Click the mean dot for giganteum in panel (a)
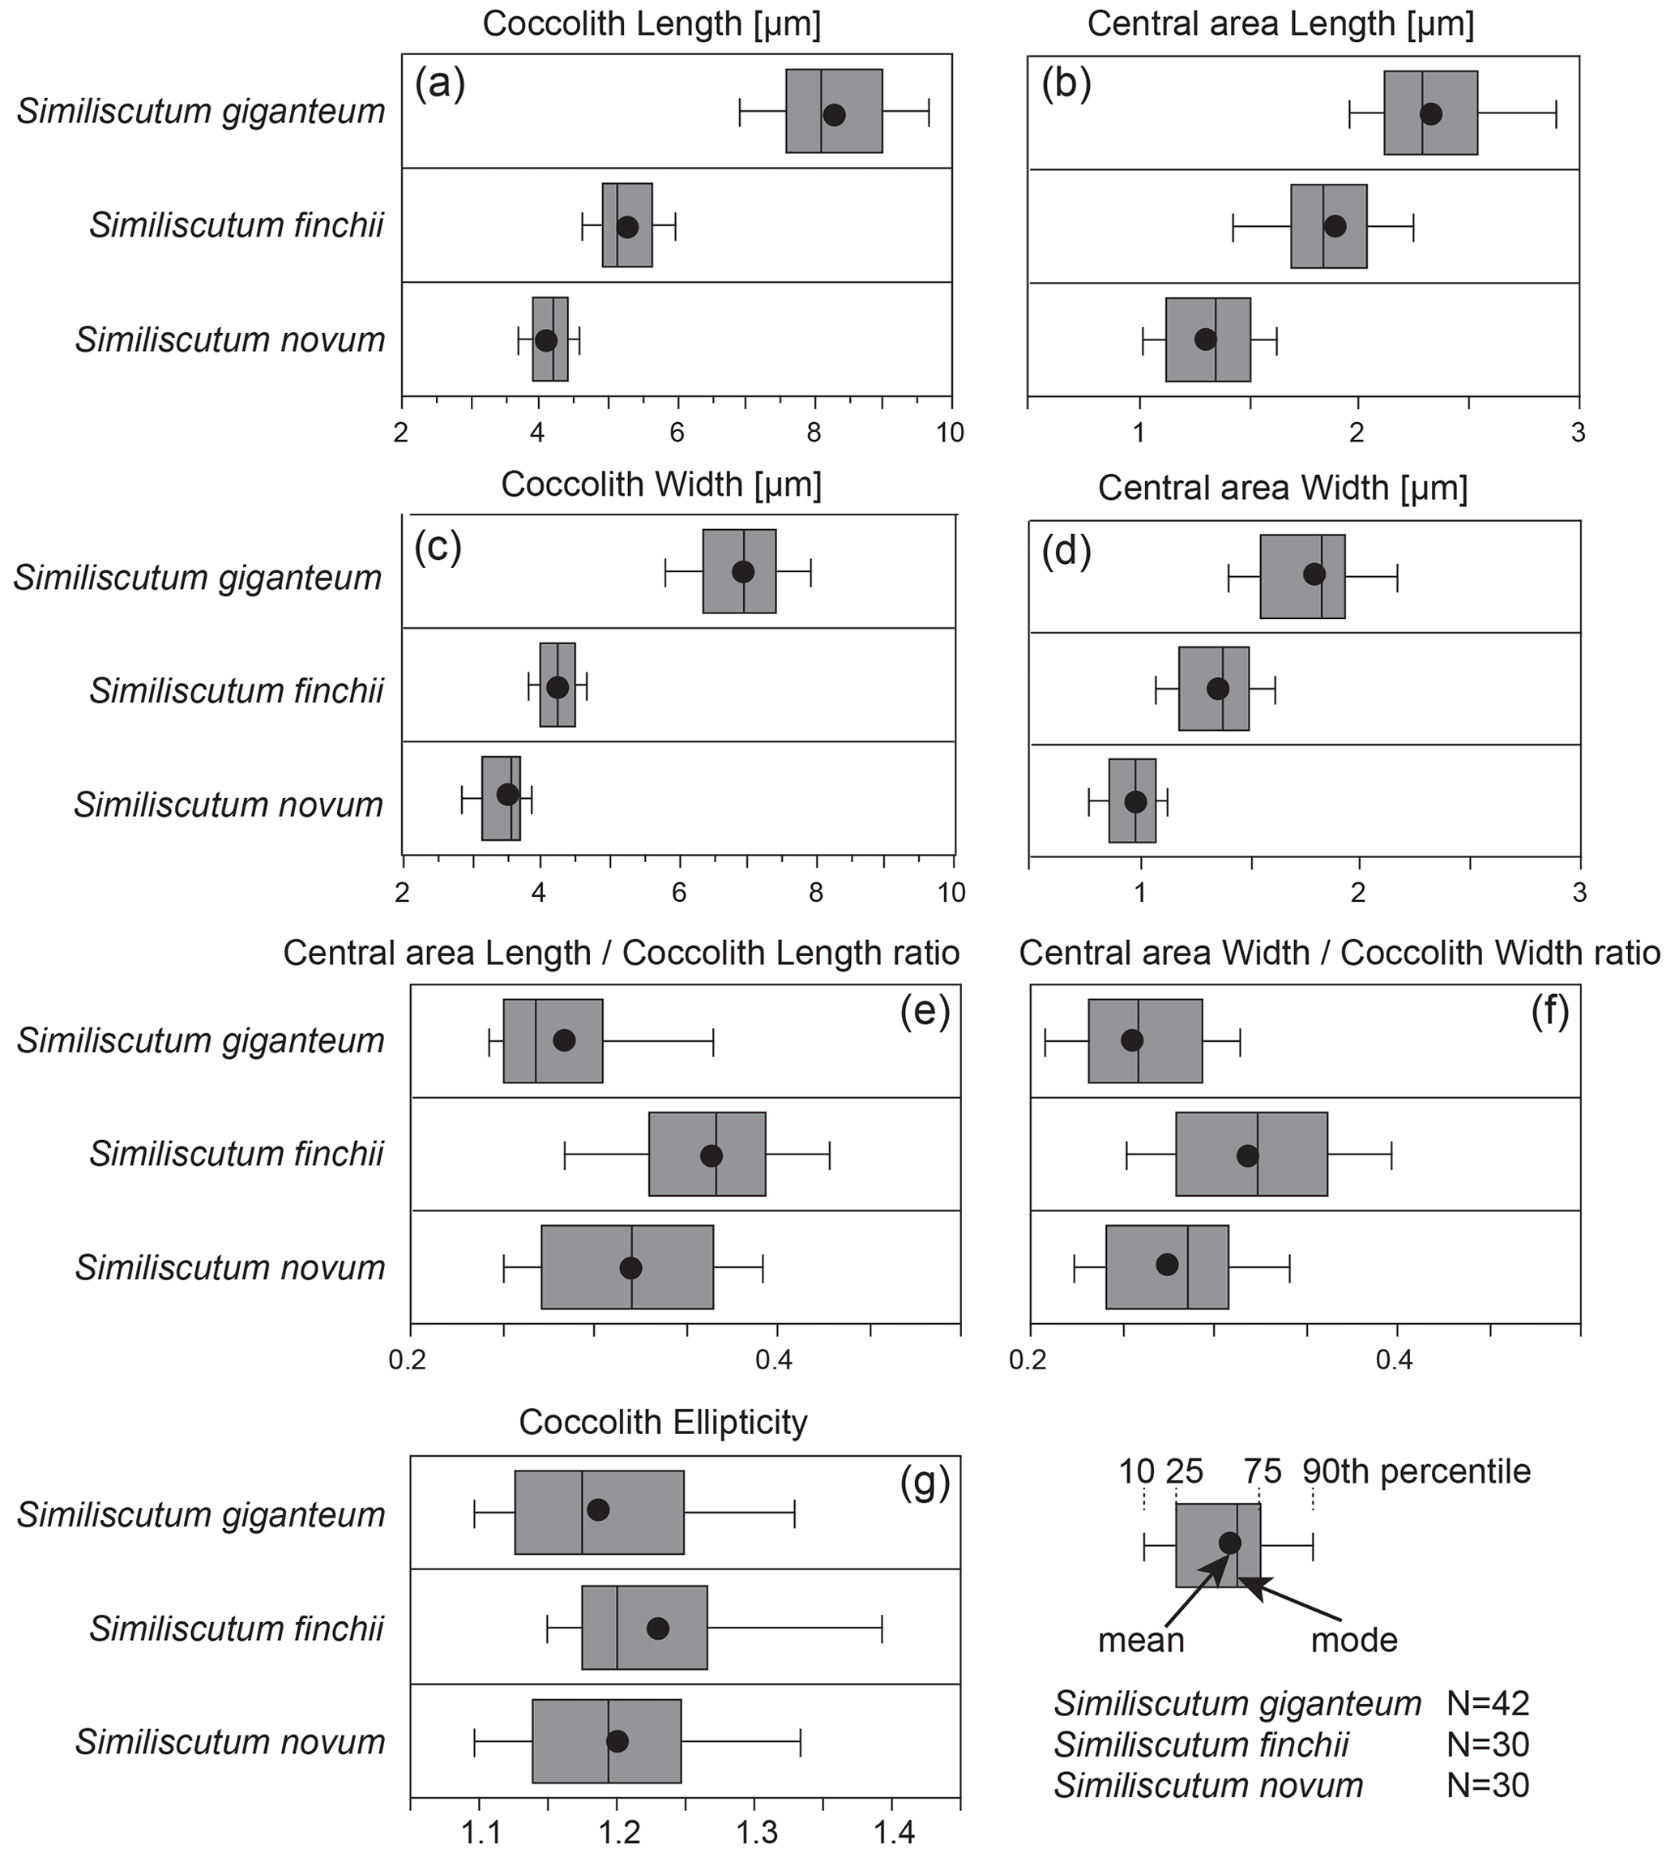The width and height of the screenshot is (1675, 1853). (833, 115)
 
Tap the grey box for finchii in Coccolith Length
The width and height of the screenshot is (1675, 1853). (627, 225)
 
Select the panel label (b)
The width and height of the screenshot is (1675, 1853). (1066, 83)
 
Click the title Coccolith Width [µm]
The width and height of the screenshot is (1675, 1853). (661, 485)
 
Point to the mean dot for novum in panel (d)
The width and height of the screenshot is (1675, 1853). (1135, 801)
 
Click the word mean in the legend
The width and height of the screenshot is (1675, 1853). (1141, 1640)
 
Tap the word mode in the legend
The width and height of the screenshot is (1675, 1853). (1353, 1640)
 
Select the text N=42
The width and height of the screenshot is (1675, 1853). (1486, 1704)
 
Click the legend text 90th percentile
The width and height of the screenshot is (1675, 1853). (1416, 1472)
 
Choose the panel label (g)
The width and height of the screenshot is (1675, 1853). (924, 1483)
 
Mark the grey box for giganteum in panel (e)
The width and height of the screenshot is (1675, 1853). (553, 1040)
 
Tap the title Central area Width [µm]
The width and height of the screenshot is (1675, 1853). (1283, 488)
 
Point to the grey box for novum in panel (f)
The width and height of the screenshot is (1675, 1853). (1167, 1266)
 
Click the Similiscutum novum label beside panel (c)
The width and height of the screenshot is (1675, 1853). (228, 805)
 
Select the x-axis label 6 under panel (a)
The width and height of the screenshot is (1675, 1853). (677, 432)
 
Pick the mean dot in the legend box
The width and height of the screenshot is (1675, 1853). (1230, 1543)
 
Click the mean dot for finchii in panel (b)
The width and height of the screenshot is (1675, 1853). (1335, 226)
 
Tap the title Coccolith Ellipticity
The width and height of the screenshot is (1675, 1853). (663, 1422)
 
